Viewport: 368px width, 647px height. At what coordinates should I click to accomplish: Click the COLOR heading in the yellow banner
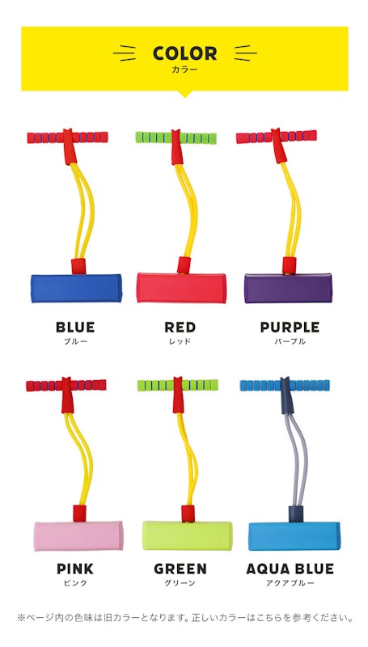coord(184,53)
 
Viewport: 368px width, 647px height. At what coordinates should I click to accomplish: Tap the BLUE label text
coord(75,328)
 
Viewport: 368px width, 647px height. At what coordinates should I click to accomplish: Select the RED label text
coord(180,328)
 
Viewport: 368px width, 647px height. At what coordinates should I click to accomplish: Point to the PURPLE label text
coord(290,328)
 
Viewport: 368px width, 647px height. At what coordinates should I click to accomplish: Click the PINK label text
coord(75,569)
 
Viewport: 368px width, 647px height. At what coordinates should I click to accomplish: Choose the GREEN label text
coord(180,569)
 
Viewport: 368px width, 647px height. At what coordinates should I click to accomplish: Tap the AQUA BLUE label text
coord(290,569)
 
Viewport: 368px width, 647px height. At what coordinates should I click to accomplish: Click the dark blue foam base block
coord(76,288)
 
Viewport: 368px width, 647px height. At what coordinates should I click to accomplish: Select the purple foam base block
coord(288,288)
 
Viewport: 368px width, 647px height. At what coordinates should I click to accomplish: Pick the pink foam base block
coord(78,535)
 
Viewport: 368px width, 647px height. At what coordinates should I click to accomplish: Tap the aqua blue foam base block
coord(294,535)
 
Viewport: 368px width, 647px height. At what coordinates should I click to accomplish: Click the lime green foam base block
coord(188,535)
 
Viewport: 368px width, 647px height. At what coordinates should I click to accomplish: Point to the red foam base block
coord(181,288)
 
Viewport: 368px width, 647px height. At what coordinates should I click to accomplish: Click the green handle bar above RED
coord(176,137)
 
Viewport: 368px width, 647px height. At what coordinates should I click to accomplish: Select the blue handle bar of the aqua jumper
coord(285,385)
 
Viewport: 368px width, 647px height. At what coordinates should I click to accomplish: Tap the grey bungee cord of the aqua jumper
coord(298,458)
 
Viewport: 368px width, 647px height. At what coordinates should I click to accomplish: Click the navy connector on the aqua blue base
coord(296,514)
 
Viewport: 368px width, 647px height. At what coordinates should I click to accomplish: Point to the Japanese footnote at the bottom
coord(184,618)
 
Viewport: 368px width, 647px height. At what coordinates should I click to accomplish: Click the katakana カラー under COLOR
coord(184,70)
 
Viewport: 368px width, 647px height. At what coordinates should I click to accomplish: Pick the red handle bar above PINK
coord(66,386)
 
